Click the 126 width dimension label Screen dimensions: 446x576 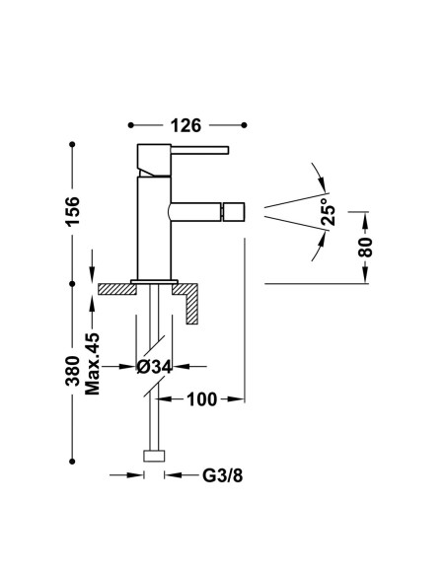[x=186, y=125]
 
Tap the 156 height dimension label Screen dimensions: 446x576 [x=72, y=212]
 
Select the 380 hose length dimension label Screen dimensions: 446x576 [x=72, y=371]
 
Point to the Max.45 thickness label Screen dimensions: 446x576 [x=92, y=364]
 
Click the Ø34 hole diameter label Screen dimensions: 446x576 [x=154, y=367]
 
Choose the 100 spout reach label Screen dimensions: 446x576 [x=202, y=399]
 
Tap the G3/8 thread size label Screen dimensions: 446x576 [x=223, y=475]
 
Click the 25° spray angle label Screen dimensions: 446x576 [x=328, y=212]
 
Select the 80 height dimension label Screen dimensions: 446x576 [x=365, y=248]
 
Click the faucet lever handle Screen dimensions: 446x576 [x=200, y=150]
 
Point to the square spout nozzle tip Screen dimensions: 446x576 [x=235, y=212]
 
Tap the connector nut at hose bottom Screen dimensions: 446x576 [x=154, y=456]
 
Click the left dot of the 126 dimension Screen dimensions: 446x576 [x=131, y=125]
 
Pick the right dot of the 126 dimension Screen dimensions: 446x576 [x=245, y=125]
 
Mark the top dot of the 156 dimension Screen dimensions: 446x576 [x=72, y=145]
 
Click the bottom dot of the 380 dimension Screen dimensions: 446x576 [x=72, y=461]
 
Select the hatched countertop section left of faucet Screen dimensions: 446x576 [x=117, y=289]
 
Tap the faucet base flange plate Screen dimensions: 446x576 [x=154, y=282]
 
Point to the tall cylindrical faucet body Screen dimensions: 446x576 [x=154, y=228]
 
